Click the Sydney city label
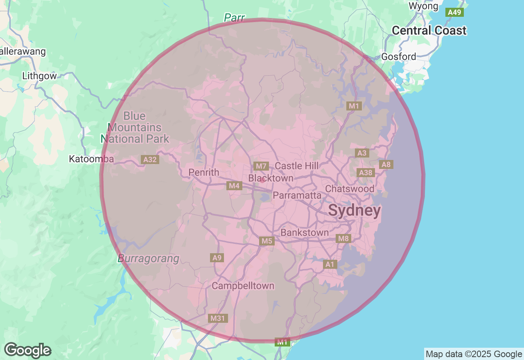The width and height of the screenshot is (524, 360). tap(355, 211)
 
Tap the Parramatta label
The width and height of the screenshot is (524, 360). tap(297, 195)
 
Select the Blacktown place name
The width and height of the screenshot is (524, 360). tap(271, 178)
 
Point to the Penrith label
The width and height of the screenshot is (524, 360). tap(204, 172)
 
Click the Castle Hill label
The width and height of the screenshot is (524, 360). tap(296, 166)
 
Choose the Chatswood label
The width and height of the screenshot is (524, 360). tap(350, 189)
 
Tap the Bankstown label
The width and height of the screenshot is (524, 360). tap(305, 233)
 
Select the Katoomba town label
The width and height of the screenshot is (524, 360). tap(91, 159)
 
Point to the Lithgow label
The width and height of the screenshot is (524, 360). tap(40, 76)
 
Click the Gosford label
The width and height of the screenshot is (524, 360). tap(398, 56)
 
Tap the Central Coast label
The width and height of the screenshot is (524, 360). tap(429, 31)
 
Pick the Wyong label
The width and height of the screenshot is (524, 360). tap(423, 6)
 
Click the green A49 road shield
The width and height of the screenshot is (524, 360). tap(454, 12)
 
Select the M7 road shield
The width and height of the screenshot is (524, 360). tap(261, 166)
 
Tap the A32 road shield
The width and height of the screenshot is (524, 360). tap(150, 160)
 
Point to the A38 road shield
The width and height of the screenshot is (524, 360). tap(365, 173)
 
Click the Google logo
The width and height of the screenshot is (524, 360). tap(27, 350)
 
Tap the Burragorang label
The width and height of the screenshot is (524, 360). tap(149, 259)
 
